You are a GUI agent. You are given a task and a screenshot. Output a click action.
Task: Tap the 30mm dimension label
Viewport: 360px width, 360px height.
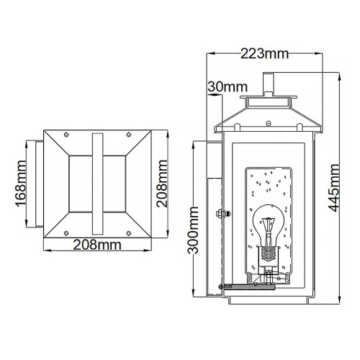point(221,87)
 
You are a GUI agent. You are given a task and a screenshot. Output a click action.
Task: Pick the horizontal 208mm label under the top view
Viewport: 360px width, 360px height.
point(98,245)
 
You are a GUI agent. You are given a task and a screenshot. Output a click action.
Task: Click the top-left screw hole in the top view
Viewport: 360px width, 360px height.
point(68,135)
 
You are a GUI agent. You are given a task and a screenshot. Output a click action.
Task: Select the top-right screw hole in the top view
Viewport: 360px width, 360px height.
point(128,135)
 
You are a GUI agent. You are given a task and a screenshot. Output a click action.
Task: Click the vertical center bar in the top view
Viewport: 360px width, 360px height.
point(98,183)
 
